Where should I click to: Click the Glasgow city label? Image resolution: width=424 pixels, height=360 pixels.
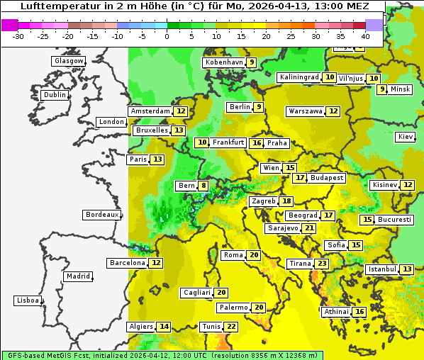tap(69, 61)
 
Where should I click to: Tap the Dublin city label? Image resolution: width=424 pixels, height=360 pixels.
tap(55, 95)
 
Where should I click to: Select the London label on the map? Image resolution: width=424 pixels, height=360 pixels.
tap(111, 122)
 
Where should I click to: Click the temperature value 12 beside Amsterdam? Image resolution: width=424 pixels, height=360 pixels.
tap(181, 111)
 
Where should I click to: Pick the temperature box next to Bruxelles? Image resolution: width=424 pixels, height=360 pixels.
tap(179, 130)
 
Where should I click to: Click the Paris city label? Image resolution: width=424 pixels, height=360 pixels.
tap(138, 159)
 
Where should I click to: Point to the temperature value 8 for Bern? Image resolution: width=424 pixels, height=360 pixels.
tap(204, 186)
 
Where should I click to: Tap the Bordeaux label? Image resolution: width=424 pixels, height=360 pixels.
tap(102, 215)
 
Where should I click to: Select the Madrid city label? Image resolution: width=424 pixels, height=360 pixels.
tap(78, 276)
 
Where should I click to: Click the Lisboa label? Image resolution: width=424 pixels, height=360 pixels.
tap(28, 300)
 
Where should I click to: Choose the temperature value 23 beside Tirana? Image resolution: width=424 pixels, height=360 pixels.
tap(322, 264)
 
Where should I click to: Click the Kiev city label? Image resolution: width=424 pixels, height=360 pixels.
tap(406, 137)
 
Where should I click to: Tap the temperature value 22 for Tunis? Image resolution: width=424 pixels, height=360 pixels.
tap(231, 327)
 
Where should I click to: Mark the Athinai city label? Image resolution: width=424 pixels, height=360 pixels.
tap(336, 312)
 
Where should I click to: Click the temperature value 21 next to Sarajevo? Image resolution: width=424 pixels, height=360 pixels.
tap(308, 228)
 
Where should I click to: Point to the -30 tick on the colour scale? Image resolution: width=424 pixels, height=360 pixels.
tap(18, 35)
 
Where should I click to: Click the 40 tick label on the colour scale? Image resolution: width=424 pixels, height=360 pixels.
tap(365, 35)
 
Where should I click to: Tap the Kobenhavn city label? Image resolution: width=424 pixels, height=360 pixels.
tap(224, 62)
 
